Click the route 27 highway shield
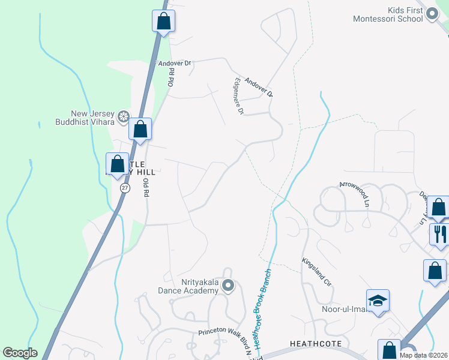tap(124, 188)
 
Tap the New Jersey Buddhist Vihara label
tap(94, 118)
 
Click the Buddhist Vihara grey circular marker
tap(124, 116)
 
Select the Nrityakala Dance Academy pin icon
tap(228, 286)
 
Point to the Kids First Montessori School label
tap(406, 15)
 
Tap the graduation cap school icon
tap(378, 300)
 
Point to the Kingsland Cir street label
tap(317, 272)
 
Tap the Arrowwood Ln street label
tap(354, 194)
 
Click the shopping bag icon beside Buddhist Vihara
tap(140, 128)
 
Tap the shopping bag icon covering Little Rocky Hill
tap(117, 163)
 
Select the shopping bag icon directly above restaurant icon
tap(439, 207)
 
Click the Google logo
tap(19, 353)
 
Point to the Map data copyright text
tap(424, 355)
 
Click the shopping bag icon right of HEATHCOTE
tap(389, 350)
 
